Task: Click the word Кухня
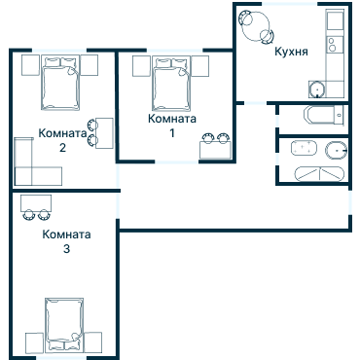[x=291, y=52]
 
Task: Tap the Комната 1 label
[x=172, y=126]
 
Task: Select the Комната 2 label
[x=62, y=140]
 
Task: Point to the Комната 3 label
[x=66, y=241]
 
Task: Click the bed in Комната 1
[x=171, y=84]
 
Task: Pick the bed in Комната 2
[x=60, y=83]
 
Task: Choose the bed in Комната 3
[x=64, y=325]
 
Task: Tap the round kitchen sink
[x=316, y=90]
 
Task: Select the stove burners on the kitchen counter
[x=332, y=45]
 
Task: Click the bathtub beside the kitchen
[x=324, y=115]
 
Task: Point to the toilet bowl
[x=336, y=151]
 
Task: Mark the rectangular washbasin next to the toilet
[x=304, y=148]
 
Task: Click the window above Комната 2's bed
[x=59, y=51]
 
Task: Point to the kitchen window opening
[x=290, y=4]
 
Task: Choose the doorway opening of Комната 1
[x=176, y=162]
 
